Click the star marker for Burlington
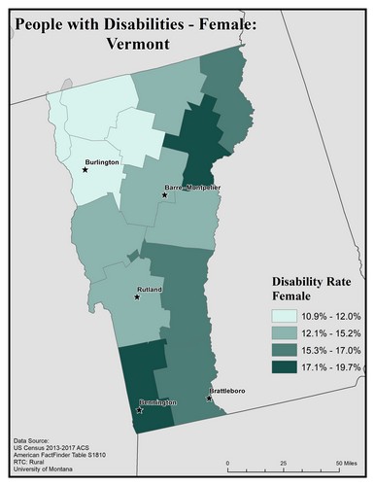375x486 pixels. coord(85,170)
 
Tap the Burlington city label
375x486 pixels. coord(102,163)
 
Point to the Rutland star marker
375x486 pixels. coord(136,296)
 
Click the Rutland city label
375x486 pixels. coord(149,290)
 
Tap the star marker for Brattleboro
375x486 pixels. coord(209,398)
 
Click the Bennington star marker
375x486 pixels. coord(139,409)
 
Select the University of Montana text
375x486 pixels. coord(48,471)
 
